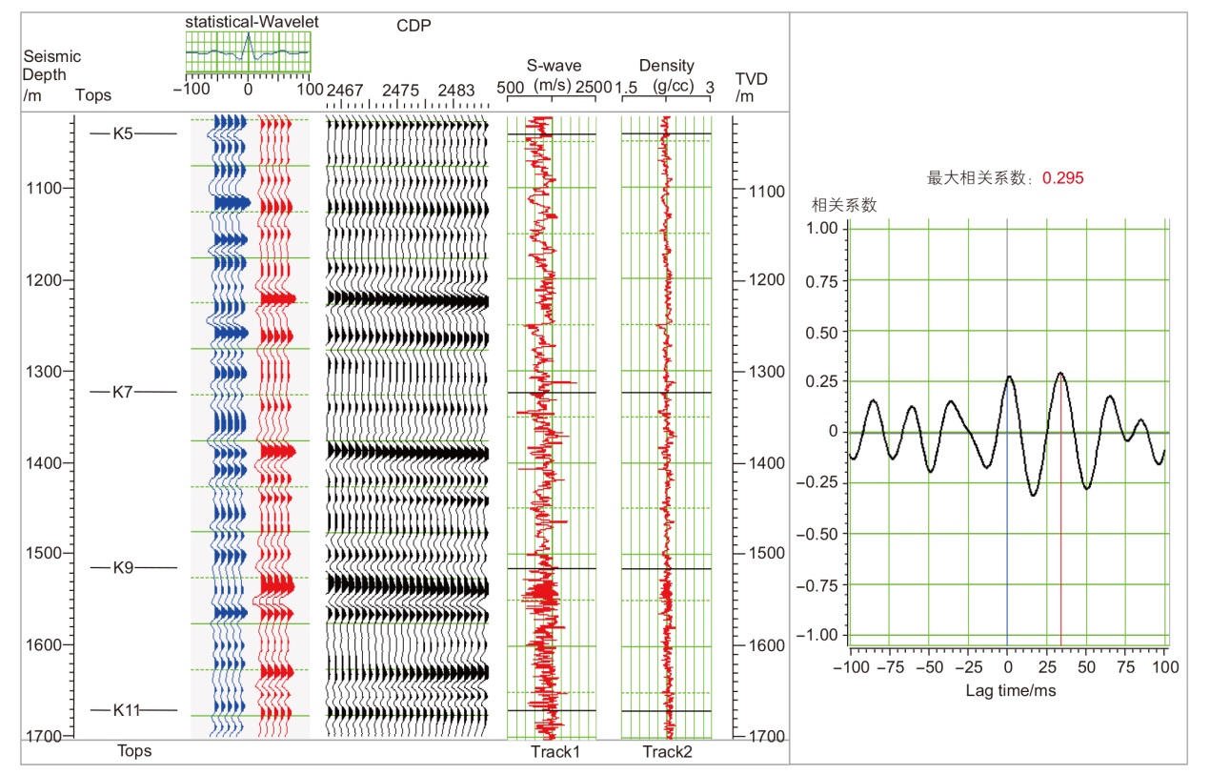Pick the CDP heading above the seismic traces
coord(413,26)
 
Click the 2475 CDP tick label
coord(400,90)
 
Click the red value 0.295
coord(1062,177)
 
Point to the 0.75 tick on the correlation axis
coord(822,280)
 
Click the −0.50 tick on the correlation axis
coord(819,534)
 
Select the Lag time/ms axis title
coord(1010,690)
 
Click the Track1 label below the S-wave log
coord(555,752)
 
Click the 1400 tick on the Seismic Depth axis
coord(45,462)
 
